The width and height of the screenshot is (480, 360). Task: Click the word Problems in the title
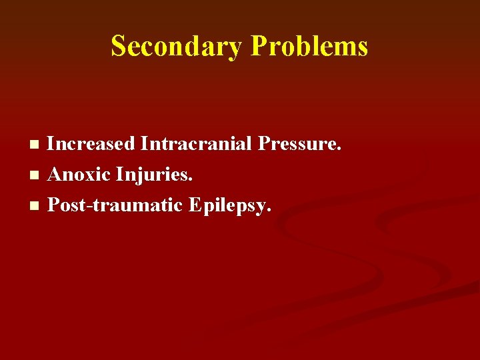click(x=309, y=47)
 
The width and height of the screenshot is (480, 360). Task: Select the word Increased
click(x=91, y=143)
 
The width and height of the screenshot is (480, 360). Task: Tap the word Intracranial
click(x=197, y=143)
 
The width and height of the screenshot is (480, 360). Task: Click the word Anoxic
click(x=79, y=175)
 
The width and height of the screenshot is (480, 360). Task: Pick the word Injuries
click(x=154, y=175)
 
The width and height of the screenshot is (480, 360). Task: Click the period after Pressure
click(x=339, y=149)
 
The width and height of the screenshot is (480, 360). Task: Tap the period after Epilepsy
click(x=269, y=211)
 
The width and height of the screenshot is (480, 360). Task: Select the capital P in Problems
click(x=259, y=47)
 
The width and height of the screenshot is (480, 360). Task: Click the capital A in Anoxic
click(x=55, y=175)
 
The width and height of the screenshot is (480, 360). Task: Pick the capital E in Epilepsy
click(x=195, y=205)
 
